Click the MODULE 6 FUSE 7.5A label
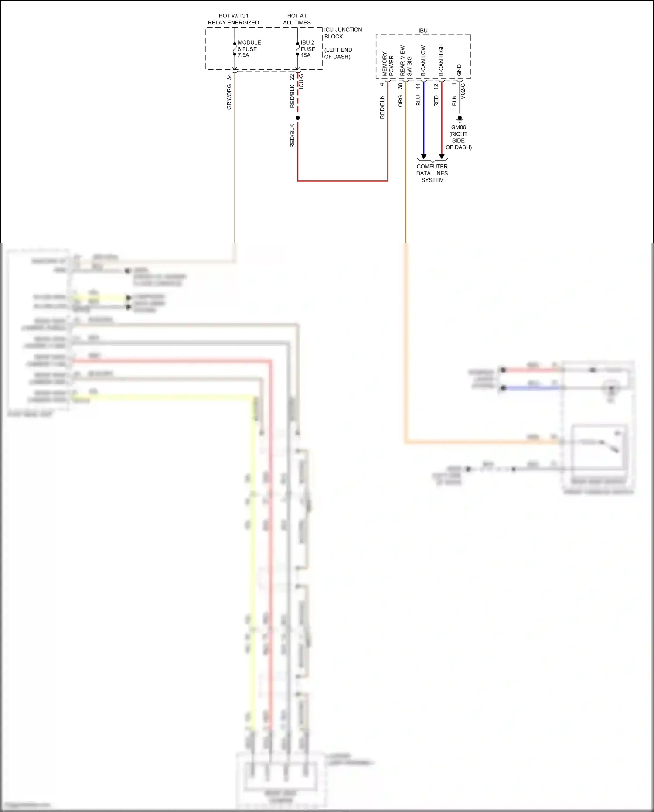click(x=249, y=49)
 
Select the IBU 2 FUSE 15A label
click(x=308, y=49)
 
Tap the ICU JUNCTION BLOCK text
click(x=343, y=33)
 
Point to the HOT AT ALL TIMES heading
click(x=297, y=19)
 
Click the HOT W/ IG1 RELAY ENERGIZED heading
click(x=233, y=19)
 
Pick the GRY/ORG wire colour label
click(x=229, y=97)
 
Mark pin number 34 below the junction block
click(x=229, y=77)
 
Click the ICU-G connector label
click(x=301, y=81)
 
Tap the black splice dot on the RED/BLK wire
click(x=298, y=118)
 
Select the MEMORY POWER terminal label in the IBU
click(x=388, y=64)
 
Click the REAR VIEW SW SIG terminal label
click(x=405, y=61)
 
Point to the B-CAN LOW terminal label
click(x=423, y=61)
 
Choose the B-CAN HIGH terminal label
click(x=441, y=60)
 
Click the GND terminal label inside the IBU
click(x=459, y=70)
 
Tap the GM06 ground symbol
click(x=460, y=119)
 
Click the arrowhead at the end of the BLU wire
click(x=423, y=156)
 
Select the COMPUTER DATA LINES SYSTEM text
click(x=432, y=173)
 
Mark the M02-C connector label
click(x=463, y=92)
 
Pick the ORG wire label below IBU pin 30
click(x=400, y=101)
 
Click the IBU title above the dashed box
click(x=423, y=31)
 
